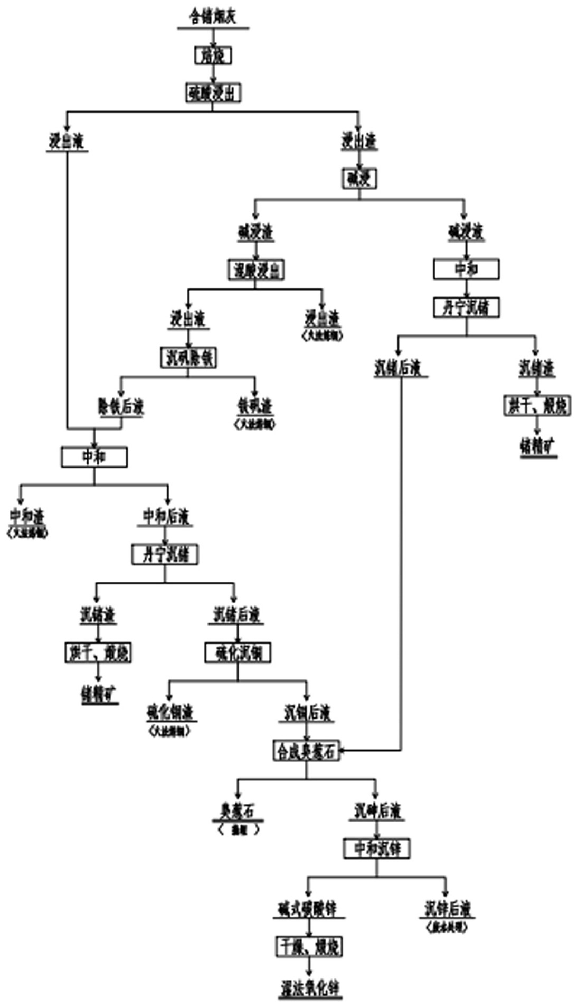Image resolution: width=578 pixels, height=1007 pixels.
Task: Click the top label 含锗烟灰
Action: click(213, 17)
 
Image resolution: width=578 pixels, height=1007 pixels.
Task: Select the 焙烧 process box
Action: click(213, 55)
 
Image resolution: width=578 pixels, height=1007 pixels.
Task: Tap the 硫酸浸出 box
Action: click(213, 94)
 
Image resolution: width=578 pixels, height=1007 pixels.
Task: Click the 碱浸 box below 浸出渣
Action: click(359, 179)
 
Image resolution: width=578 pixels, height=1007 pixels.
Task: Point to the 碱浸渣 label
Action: click(255, 232)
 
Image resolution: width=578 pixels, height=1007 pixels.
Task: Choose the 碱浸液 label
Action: click(466, 232)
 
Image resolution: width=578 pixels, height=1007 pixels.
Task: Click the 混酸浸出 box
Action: click(256, 271)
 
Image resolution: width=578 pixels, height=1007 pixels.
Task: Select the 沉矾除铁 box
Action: click(188, 358)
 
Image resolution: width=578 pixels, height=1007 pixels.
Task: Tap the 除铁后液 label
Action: click(121, 407)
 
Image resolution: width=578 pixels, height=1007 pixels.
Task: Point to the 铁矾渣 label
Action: click(255, 406)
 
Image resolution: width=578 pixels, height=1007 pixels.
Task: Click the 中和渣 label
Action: click(26, 516)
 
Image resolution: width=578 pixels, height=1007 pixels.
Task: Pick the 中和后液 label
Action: click(166, 516)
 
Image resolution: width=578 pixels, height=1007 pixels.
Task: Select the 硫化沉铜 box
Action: click(238, 654)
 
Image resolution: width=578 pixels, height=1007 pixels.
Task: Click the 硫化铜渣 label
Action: click(170, 713)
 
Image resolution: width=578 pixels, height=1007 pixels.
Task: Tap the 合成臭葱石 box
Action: click(307, 751)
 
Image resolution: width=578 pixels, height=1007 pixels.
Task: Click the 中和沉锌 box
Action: click(377, 849)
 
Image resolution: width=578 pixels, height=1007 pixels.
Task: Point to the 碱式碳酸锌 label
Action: click(308, 909)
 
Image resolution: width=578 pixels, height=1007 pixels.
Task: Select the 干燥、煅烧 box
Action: click(309, 946)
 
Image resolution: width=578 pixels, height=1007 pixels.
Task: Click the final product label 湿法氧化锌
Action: click(310, 987)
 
